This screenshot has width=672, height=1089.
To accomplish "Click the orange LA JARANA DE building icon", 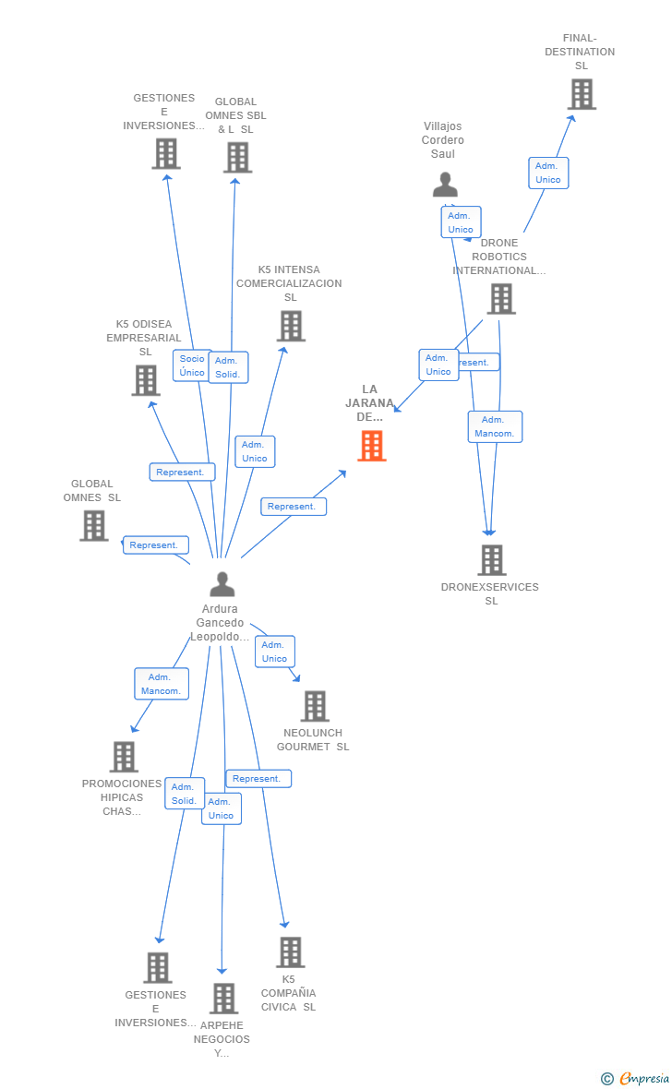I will point(371,446).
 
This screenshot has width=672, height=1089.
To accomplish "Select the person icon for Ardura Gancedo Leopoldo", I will point(222,584).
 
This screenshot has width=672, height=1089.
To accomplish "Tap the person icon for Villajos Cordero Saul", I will point(445,185).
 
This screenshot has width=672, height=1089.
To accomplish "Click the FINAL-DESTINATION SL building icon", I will point(582,94).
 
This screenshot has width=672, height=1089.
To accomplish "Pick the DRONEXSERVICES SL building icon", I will point(491,560).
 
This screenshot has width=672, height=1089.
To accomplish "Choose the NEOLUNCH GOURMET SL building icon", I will point(315,706).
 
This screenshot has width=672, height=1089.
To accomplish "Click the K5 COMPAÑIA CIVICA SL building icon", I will point(290,951).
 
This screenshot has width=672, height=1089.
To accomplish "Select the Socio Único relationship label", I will point(192,365).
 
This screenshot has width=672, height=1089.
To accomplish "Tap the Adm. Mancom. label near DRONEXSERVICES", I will point(495,426).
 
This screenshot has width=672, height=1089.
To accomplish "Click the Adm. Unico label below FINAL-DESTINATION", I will point(548,173).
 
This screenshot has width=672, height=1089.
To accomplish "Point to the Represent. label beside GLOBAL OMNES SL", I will point(155,545).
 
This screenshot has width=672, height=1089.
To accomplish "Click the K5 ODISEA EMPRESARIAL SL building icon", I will point(145,380).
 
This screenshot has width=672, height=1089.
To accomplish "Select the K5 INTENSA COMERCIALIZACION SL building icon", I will point(291,326).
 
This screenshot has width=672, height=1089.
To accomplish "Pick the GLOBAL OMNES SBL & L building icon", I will point(237,157).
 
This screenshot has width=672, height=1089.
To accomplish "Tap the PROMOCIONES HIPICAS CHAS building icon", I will point(124,757).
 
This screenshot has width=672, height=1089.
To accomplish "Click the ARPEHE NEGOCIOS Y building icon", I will point(223,999).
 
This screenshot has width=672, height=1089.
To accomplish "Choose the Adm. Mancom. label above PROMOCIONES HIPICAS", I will point(162,684).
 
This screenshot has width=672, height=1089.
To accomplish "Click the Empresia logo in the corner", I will point(637,1078).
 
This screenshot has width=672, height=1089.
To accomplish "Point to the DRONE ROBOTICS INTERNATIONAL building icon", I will point(501,299).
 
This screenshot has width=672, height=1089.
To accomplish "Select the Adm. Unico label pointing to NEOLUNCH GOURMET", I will point(274,652).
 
